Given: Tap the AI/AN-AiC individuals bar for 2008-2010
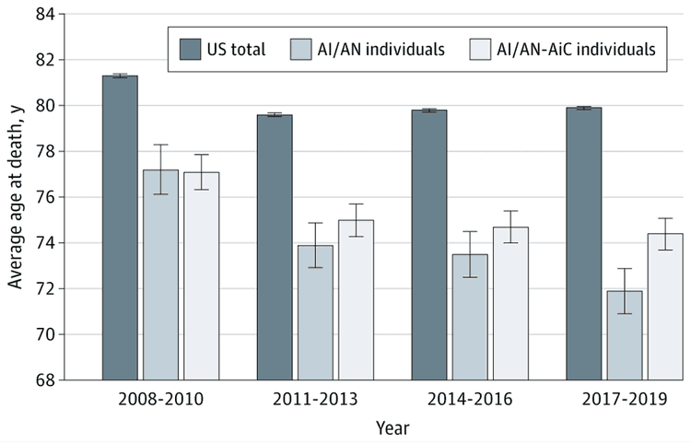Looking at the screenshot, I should click(201, 276).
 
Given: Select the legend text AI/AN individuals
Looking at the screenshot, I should click(381, 48).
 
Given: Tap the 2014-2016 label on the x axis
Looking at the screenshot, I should click(470, 402).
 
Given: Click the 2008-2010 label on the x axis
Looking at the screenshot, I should click(160, 402).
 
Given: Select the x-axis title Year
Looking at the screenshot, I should click(392, 428).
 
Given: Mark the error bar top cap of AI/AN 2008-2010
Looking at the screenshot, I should click(160, 145).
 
